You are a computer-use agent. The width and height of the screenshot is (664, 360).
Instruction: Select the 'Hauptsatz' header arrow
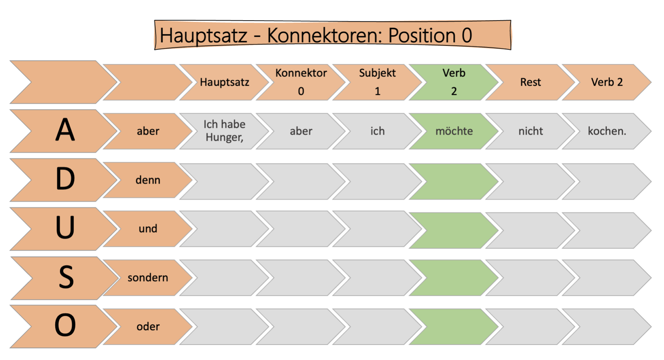tap(224, 82)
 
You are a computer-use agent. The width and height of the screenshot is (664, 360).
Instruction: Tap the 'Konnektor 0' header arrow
tap(301, 82)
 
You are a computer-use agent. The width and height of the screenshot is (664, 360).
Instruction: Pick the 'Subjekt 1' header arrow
tap(377, 82)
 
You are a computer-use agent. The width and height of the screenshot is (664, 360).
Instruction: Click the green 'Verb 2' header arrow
tap(454, 82)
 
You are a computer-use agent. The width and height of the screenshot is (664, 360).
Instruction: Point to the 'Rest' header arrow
tap(530, 82)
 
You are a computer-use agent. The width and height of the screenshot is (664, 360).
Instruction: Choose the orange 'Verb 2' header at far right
tap(606, 82)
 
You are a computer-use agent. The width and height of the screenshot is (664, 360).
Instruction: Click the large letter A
tap(65, 131)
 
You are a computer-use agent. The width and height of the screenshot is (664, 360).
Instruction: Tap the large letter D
tap(65, 179)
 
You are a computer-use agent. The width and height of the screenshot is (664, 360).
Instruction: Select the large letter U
tap(65, 228)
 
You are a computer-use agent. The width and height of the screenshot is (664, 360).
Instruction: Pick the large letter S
tap(66, 278)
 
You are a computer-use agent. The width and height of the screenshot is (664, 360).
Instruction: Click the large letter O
tap(65, 326)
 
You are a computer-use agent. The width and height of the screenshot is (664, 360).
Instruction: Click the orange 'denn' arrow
tap(148, 180)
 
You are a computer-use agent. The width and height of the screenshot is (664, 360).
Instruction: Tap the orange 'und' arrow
tap(148, 229)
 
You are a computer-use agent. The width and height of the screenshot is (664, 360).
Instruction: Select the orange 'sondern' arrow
tap(148, 278)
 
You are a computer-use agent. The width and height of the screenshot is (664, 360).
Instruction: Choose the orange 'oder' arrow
tap(148, 327)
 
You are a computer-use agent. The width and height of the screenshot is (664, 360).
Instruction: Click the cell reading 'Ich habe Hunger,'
tap(224, 131)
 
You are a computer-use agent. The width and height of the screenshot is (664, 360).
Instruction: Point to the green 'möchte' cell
tap(454, 131)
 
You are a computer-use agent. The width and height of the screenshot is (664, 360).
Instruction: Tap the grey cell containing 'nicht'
tap(530, 131)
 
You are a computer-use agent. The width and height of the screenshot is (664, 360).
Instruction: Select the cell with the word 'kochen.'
tap(606, 131)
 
